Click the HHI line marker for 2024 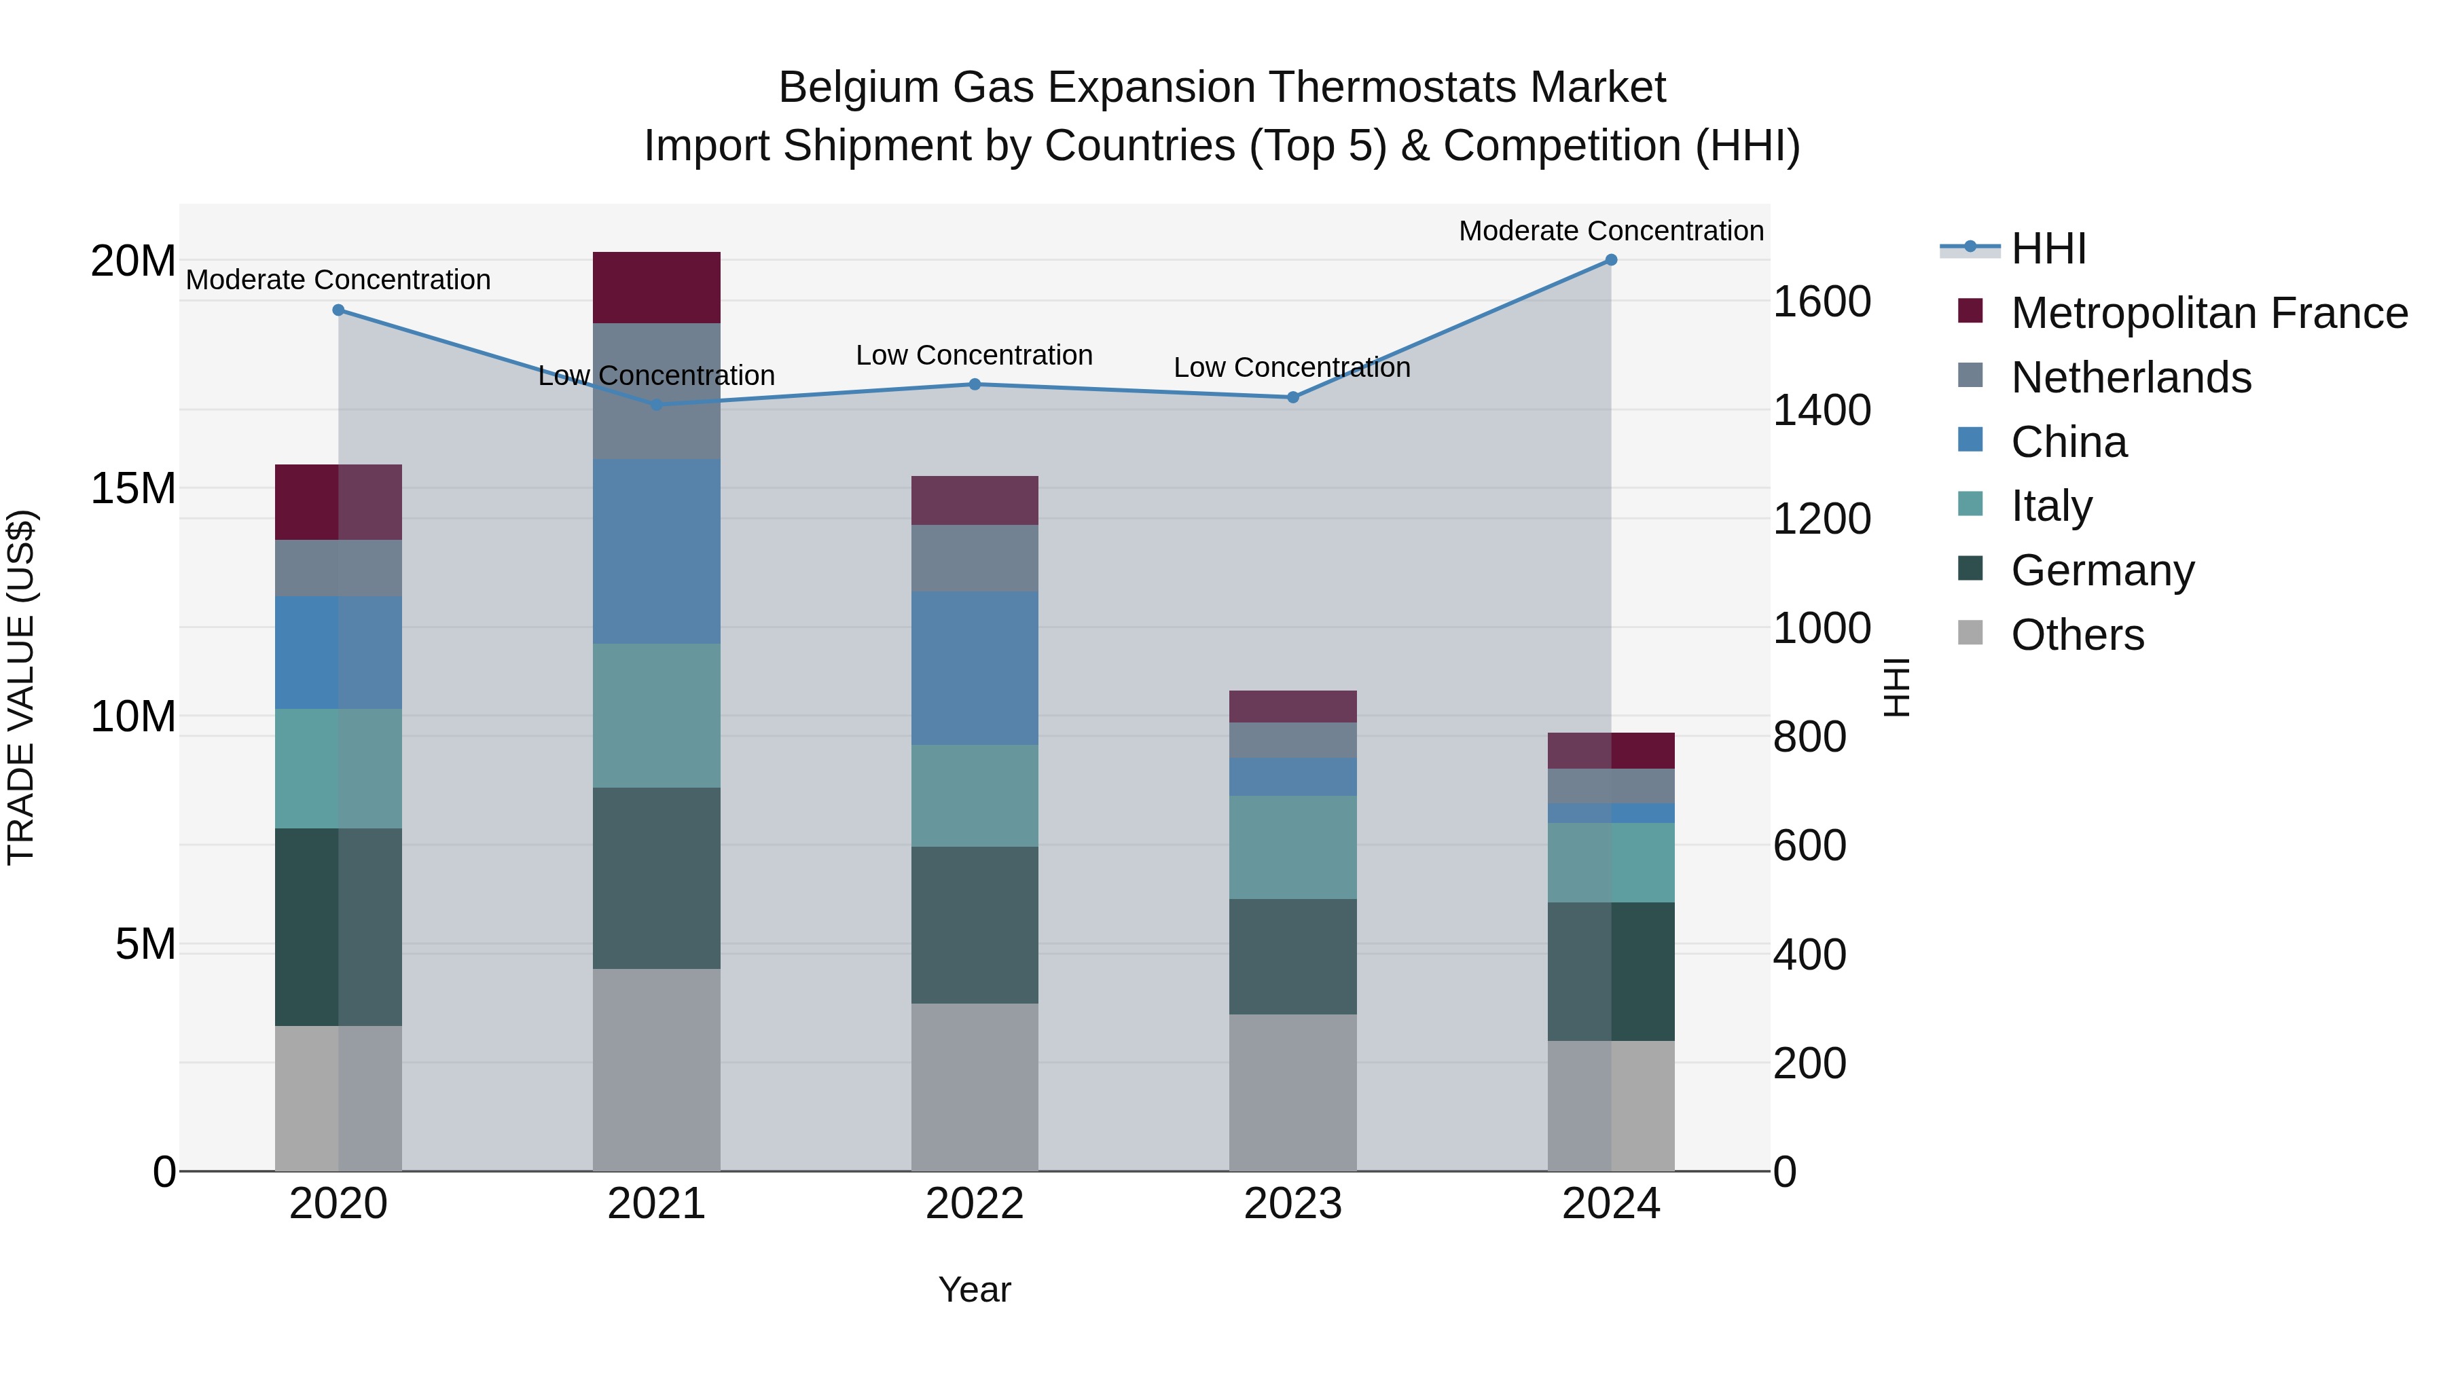click(x=1611, y=260)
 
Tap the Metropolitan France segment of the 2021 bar click(x=656, y=287)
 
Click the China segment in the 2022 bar click(x=975, y=668)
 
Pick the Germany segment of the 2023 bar click(x=1292, y=957)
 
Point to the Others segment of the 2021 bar click(x=656, y=1069)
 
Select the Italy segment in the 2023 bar click(x=1292, y=847)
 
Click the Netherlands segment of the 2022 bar click(x=975, y=558)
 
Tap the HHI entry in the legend click(x=2048, y=249)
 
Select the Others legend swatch click(x=1970, y=633)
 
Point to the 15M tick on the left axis click(x=134, y=489)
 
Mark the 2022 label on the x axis click(x=975, y=1204)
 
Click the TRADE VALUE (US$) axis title click(x=21, y=687)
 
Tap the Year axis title click(x=975, y=1289)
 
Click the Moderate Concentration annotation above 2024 click(x=1611, y=231)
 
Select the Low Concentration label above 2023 click(x=1292, y=367)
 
